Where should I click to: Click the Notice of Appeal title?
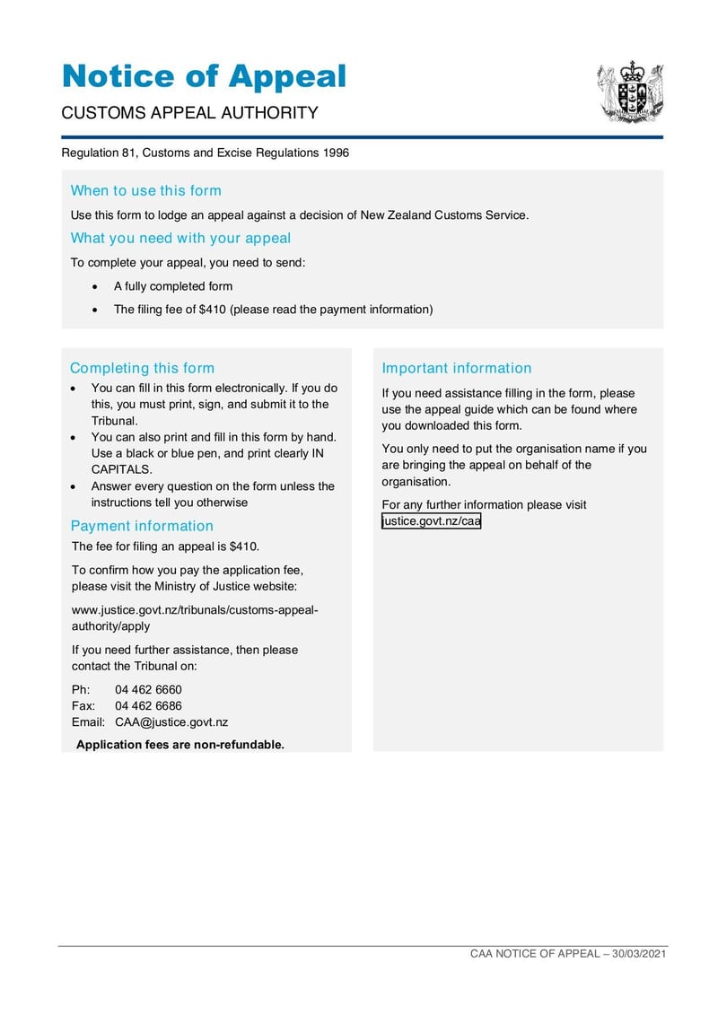tap(204, 76)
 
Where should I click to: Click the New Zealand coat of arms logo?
tap(631, 92)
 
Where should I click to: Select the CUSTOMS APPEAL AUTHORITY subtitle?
tap(189, 113)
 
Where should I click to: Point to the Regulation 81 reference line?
tap(205, 153)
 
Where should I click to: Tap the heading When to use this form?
tap(145, 190)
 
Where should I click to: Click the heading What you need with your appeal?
tap(180, 238)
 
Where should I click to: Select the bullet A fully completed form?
tap(172, 286)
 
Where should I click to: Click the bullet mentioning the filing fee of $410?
tap(273, 310)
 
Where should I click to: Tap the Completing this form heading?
tap(142, 368)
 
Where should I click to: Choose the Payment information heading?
tap(142, 526)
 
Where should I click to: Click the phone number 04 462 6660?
tap(148, 690)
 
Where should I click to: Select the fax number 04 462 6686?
tap(148, 706)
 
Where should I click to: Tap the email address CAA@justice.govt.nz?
tap(171, 722)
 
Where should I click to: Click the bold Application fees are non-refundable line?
tap(180, 745)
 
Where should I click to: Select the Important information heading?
tap(456, 368)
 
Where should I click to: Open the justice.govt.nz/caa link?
tap(431, 521)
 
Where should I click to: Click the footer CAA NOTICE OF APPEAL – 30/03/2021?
tap(568, 954)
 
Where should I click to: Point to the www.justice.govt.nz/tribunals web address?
tap(195, 611)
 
